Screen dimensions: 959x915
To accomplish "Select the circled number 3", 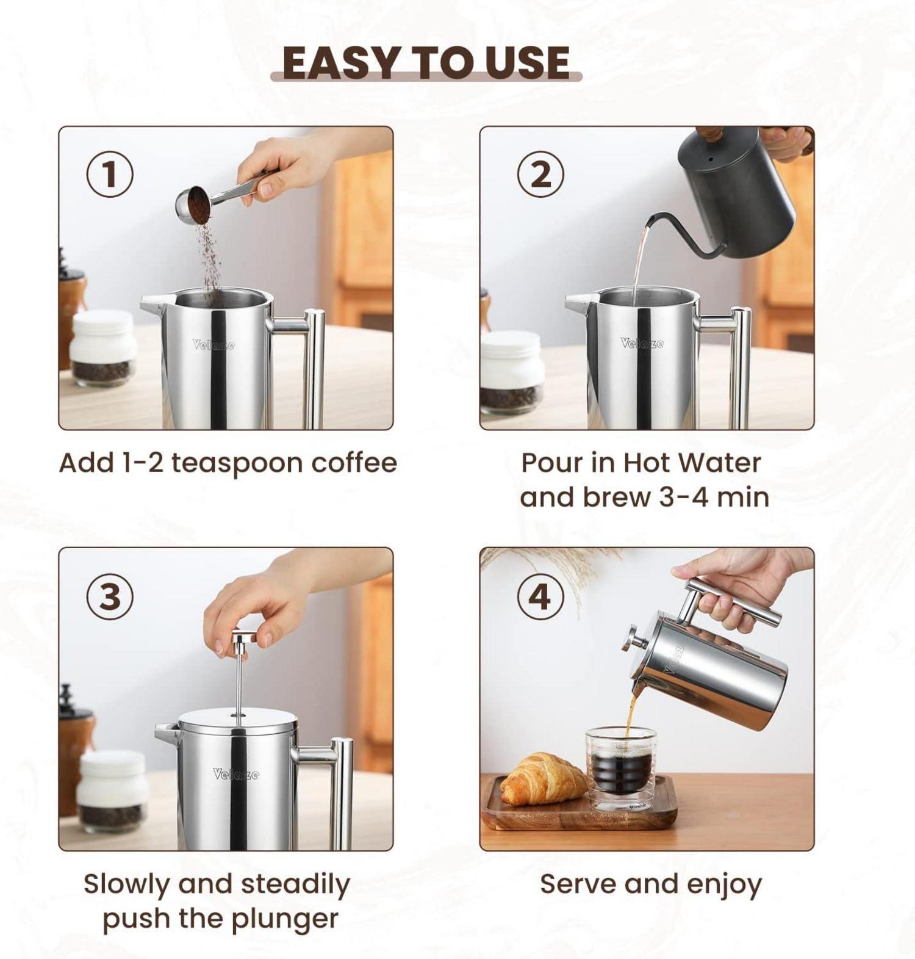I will (x=110, y=596).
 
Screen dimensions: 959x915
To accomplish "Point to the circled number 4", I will (x=540, y=596).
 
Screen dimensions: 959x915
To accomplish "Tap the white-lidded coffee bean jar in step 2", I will (x=511, y=372).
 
